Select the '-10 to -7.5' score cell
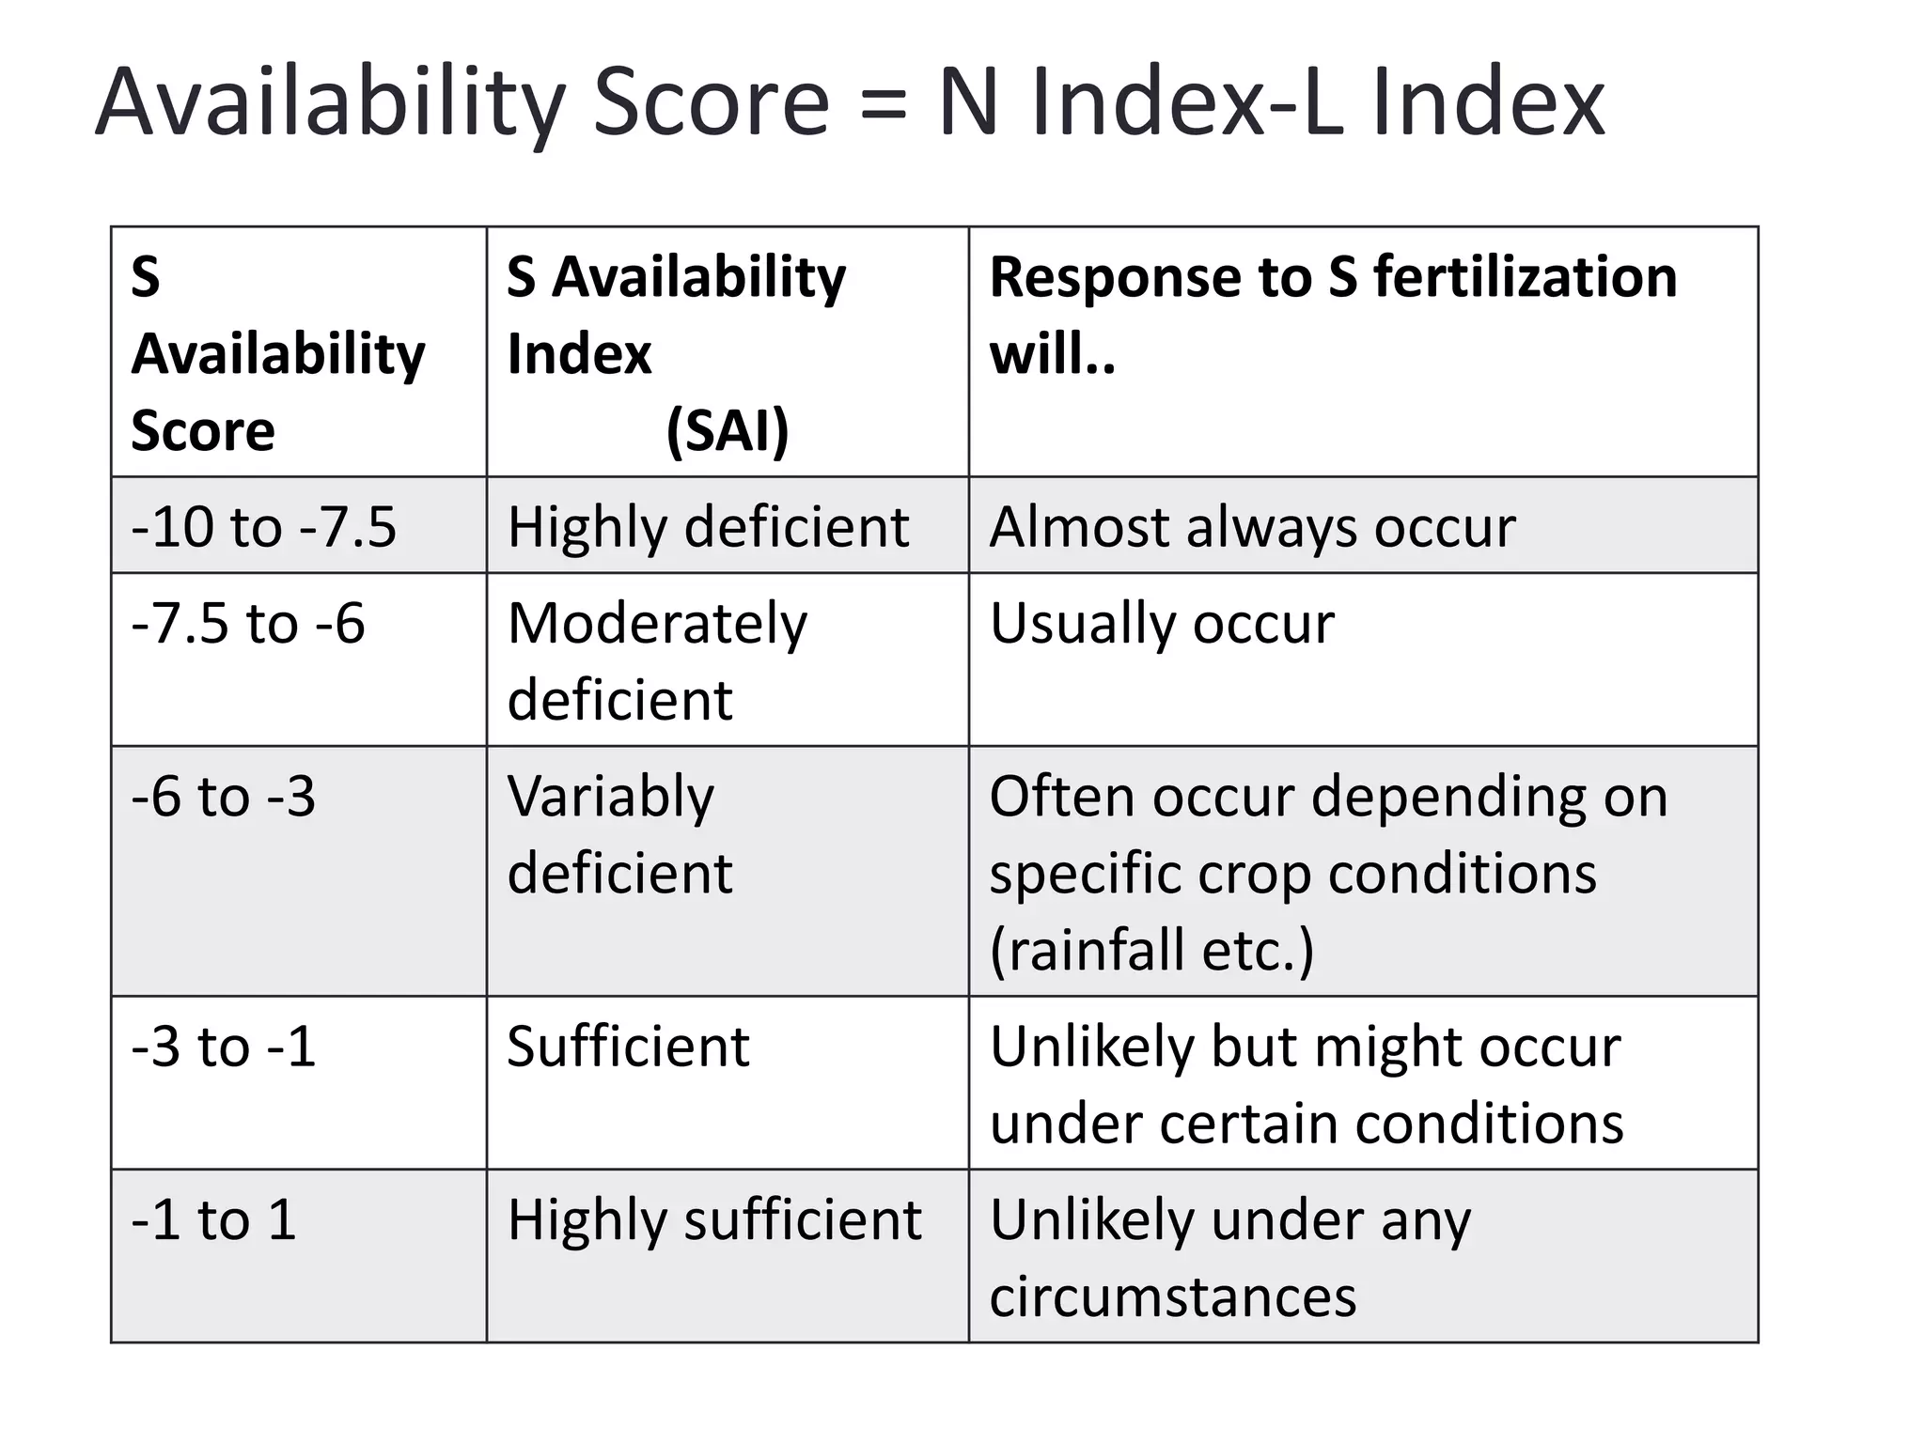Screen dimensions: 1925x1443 tap(299, 524)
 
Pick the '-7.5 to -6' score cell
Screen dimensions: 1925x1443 tap(299, 659)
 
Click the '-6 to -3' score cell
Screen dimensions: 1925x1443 tap(299, 871)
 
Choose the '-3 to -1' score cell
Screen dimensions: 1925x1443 tap(299, 1082)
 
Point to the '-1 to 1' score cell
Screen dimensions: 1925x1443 tap(299, 1255)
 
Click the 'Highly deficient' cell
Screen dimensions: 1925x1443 tap(728, 524)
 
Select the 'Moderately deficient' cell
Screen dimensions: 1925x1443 tap(728, 659)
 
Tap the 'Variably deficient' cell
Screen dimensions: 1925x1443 tap(728, 871)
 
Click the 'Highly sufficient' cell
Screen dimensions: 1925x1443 tap(728, 1255)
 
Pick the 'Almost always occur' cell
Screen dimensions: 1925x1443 tap(1363, 524)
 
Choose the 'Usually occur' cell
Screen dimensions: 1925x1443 tap(1363, 659)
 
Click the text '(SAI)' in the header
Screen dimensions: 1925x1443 tap(728, 431)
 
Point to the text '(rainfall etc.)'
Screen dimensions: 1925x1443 tap(1152, 950)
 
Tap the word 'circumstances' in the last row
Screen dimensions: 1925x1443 tap(1173, 1296)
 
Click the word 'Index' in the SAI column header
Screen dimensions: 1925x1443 tap(579, 354)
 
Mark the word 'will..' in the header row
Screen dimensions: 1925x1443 tap(1053, 354)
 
